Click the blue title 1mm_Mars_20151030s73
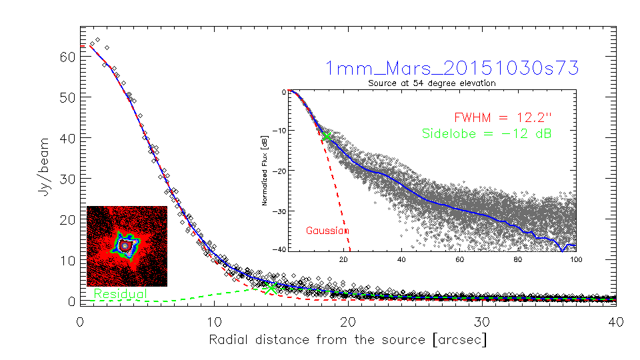(x=451, y=67)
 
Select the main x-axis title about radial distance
(x=348, y=339)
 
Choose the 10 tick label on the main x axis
(x=214, y=322)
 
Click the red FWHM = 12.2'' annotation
(x=504, y=117)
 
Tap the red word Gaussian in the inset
(x=327, y=231)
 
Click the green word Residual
(x=121, y=293)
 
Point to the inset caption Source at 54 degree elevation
(x=432, y=83)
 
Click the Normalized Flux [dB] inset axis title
(x=266, y=171)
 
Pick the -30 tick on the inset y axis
(x=280, y=211)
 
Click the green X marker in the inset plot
(x=327, y=136)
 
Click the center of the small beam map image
(x=126, y=246)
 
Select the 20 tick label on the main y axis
(x=66, y=219)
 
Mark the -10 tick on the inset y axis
(x=280, y=131)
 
